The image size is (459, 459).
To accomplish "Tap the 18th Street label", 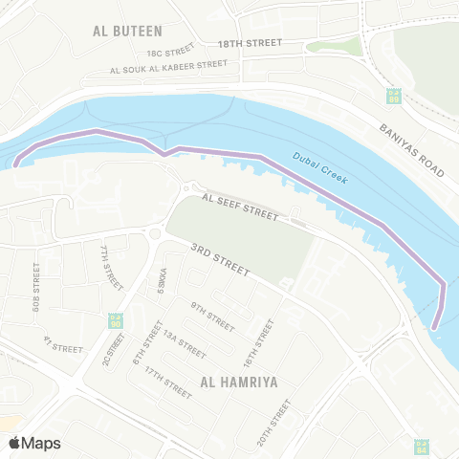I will (250, 44).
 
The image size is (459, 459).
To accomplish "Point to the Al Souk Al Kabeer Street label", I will (169, 67).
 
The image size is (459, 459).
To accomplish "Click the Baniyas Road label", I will (411, 150).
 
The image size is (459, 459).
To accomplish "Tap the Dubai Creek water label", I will (319, 169).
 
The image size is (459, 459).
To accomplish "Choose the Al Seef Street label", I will (239, 207).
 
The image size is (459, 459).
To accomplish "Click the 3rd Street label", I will (219, 261).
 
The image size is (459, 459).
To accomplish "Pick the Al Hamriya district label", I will (238, 382).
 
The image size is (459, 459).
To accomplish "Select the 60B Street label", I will (36, 287).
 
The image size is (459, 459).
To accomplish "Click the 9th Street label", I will (212, 316).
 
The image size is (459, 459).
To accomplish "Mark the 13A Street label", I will (184, 343).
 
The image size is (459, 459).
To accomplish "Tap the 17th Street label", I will (168, 379).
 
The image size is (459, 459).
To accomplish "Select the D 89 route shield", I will (393, 97).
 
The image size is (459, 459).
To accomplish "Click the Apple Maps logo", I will (34, 443).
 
